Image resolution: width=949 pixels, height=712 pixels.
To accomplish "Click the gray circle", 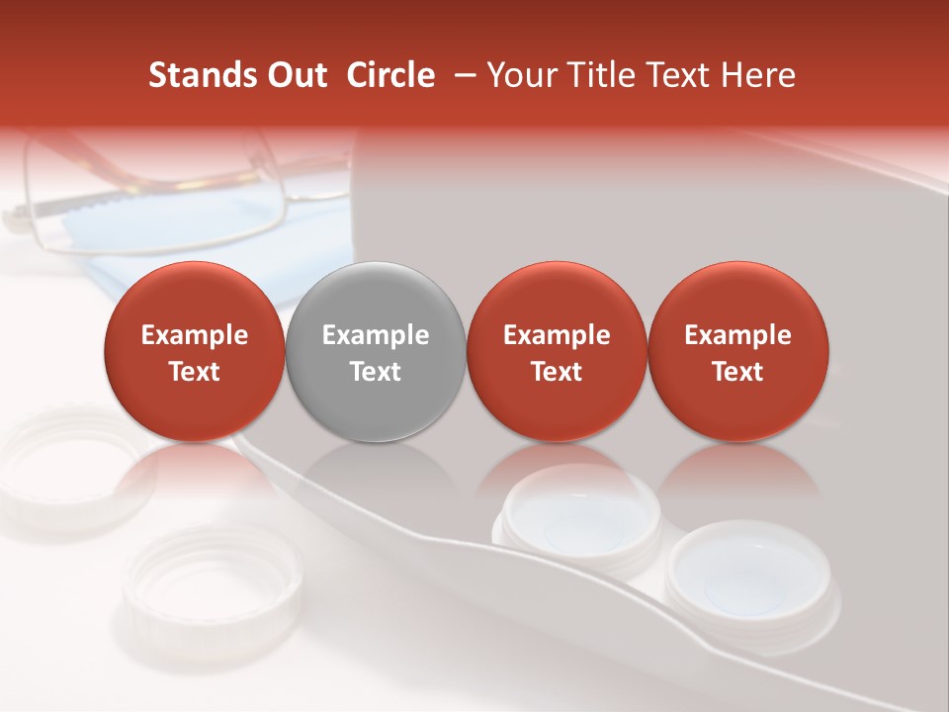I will pos(376,351).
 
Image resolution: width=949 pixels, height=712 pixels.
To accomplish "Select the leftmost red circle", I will pos(194,351).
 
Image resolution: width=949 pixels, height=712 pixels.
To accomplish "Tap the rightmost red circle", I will pos(737,351).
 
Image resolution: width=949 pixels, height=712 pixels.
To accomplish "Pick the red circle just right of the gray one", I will pos(557,351).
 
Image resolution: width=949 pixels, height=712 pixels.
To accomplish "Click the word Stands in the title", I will pos(202,75).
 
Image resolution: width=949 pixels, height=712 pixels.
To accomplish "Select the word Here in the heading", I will pos(759,75).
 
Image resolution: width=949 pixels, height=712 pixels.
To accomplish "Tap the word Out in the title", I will pos(298,75).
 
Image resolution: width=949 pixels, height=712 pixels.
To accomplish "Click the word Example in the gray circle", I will pos(376,335).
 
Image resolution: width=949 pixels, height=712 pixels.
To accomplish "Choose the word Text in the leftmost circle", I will pos(194,372).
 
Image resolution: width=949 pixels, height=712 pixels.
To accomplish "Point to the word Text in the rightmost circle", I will pos(737,372).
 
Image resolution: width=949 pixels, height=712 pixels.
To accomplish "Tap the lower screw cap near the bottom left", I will pos(213,583).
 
